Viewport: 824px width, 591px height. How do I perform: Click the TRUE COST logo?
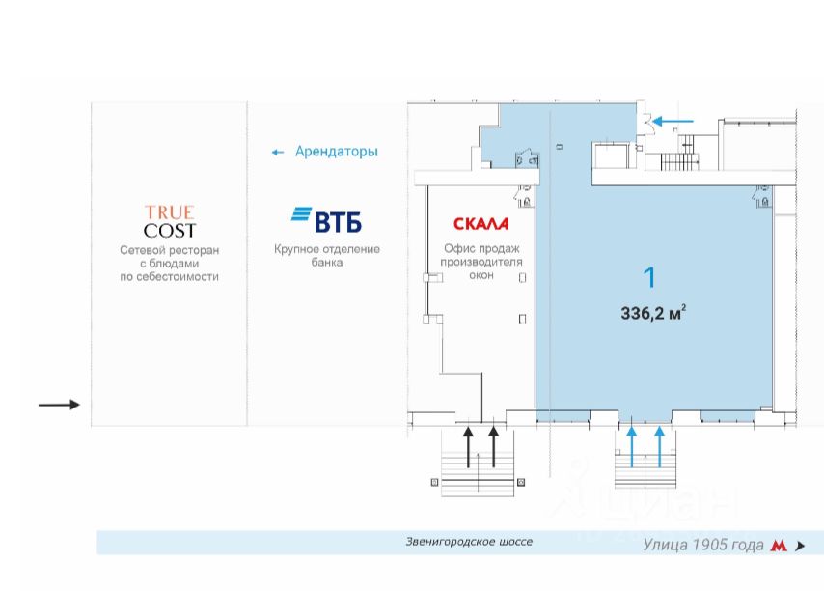[170, 222]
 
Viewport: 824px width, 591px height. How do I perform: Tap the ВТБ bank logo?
[326, 220]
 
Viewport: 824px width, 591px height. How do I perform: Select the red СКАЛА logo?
[481, 224]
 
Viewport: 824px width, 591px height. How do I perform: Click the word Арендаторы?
[336, 152]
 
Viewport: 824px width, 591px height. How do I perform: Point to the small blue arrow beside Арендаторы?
[278, 153]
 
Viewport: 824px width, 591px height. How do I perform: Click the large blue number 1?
[649, 278]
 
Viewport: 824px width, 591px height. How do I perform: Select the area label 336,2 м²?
[653, 312]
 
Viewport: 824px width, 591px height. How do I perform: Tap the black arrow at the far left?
[59, 405]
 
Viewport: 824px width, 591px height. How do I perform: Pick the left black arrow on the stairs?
[469, 446]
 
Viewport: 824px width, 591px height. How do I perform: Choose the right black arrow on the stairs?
[494, 446]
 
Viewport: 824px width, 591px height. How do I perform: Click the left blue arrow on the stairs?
[632, 446]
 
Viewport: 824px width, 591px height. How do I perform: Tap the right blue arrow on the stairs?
[660, 446]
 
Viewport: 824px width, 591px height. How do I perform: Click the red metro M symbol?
[779, 546]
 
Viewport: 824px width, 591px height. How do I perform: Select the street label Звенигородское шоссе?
[469, 542]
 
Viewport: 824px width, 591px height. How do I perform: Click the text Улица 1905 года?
[703, 545]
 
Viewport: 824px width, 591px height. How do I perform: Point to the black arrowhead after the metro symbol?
[800, 546]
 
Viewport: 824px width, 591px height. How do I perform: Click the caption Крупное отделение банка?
[326, 256]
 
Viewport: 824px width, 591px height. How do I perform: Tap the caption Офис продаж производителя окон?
[481, 262]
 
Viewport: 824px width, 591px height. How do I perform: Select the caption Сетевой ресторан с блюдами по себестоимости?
[170, 263]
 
